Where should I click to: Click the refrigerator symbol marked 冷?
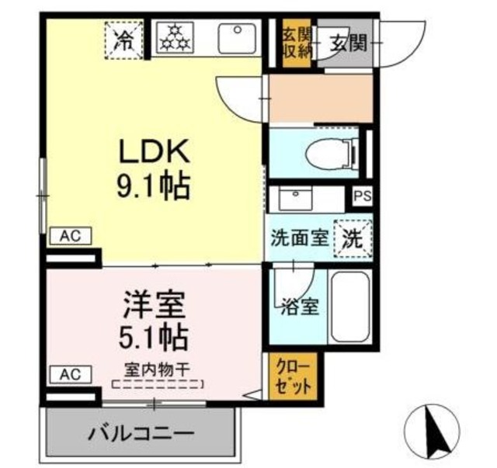click(123, 37)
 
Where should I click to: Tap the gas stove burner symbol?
click(173, 37)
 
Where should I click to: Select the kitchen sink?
click(237, 37)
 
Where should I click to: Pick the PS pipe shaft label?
click(362, 197)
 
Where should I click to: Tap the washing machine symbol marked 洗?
click(353, 237)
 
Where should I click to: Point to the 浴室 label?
click(299, 305)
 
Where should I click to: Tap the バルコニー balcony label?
click(141, 432)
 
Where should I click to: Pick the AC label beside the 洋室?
click(71, 375)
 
